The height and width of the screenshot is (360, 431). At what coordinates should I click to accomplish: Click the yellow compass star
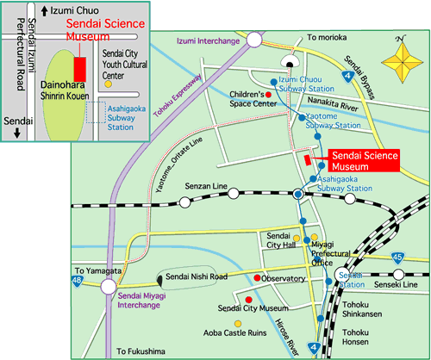[x=403, y=62]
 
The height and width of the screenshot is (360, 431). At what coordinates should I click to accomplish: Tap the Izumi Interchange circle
[x=254, y=40]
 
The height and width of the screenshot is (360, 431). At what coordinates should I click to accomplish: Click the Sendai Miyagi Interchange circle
[x=109, y=286]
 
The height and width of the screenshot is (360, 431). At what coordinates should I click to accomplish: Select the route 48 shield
[x=77, y=281]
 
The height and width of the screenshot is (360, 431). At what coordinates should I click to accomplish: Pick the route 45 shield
[x=397, y=258]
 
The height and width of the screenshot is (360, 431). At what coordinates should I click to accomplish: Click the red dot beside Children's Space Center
[x=268, y=95]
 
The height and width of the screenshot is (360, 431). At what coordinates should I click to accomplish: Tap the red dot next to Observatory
[x=257, y=277]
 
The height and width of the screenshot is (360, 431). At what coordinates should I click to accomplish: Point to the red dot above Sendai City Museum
[x=249, y=300]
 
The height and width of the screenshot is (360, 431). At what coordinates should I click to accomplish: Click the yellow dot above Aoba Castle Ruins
[x=238, y=324]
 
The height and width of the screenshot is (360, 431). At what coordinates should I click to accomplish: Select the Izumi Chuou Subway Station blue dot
[x=274, y=82]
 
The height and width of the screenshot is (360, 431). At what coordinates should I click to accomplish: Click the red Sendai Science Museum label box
[x=364, y=160]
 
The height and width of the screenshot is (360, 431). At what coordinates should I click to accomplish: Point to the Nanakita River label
[x=333, y=104]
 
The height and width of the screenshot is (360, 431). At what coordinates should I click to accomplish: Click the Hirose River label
[x=287, y=337]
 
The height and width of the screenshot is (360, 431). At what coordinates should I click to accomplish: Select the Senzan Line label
[x=206, y=186]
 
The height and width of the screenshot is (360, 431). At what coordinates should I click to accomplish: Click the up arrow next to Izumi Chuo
[x=44, y=11]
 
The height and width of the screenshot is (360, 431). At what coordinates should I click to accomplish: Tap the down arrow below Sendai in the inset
[x=17, y=133]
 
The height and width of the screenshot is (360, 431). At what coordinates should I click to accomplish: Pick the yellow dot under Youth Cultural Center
[x=108, y=84]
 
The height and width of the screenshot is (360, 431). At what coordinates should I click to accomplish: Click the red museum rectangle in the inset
[x=80, y=70]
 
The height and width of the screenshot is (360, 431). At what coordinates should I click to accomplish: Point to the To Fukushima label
[x=141, y=351]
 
